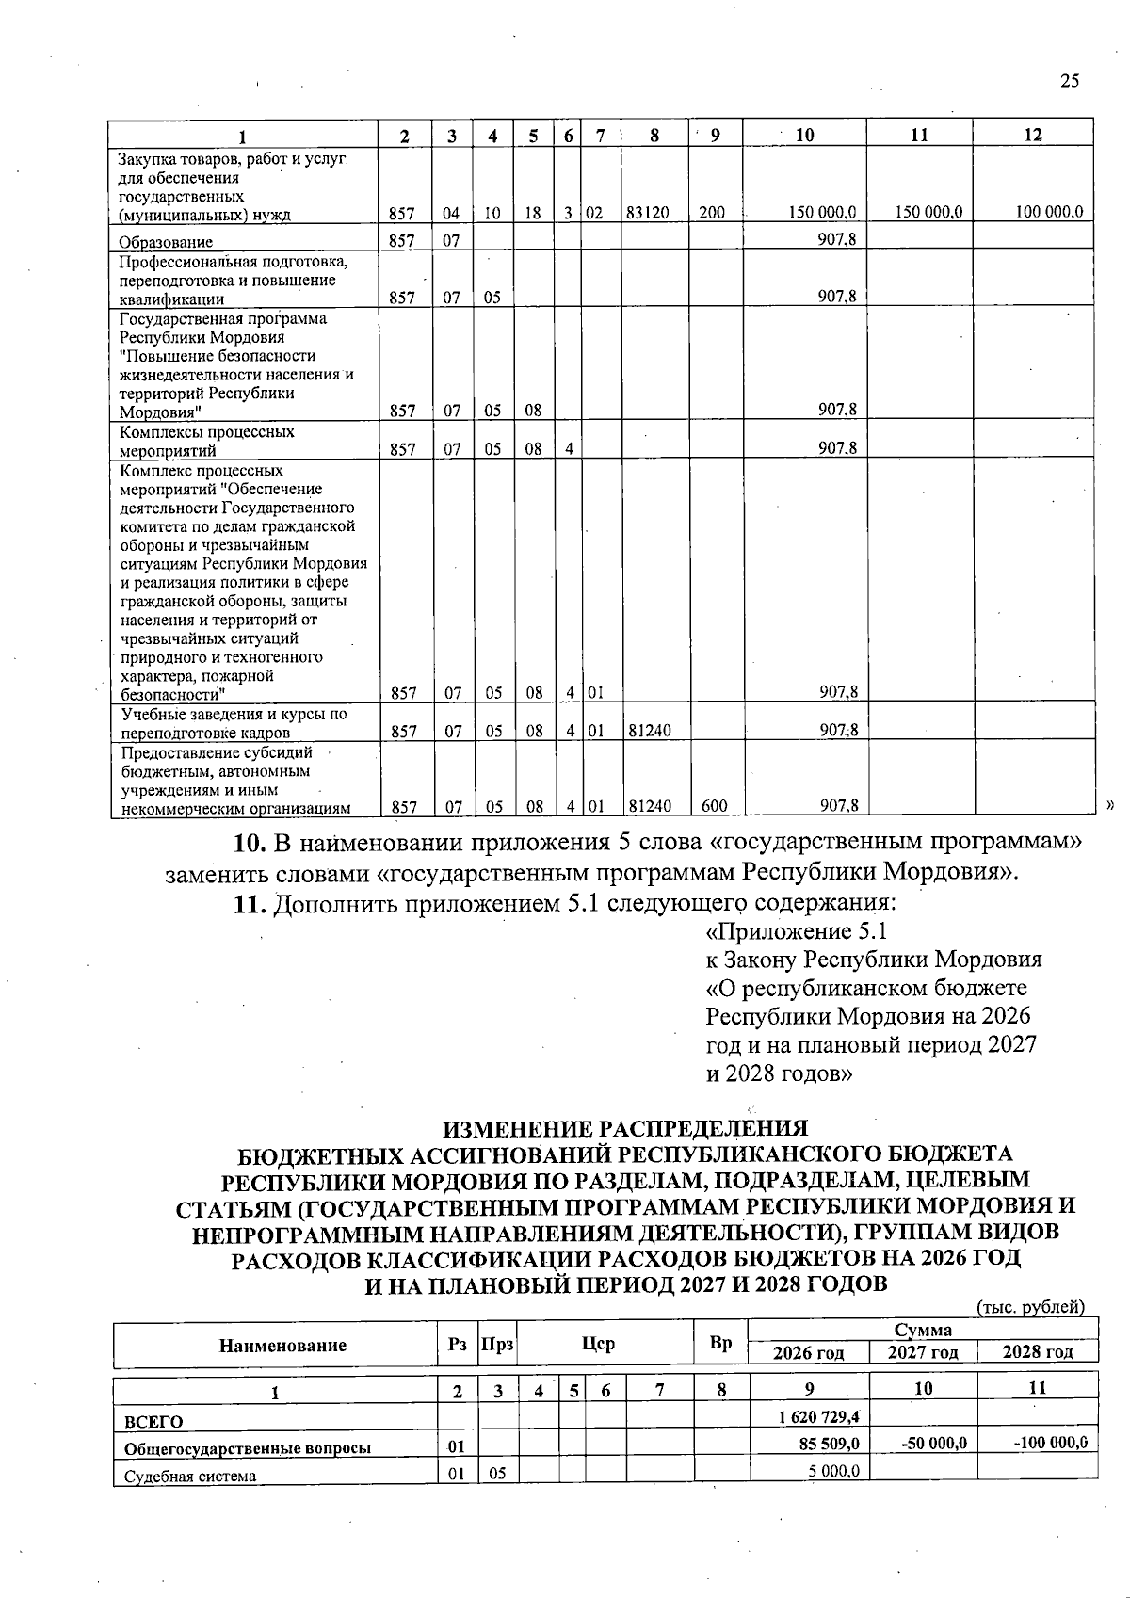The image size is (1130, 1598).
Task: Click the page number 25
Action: (x=1069, y=81)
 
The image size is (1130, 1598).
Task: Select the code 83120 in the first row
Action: (x=648, y=213)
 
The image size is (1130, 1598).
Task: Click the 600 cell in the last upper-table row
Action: (x=713, y=806)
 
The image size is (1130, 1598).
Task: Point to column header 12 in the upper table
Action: (x=1033, y=135)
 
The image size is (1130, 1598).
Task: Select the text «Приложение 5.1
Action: (x=797, y=932)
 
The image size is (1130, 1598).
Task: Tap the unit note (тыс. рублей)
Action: (x=1031, y=1307)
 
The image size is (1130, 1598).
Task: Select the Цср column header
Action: (x=599, y=1345)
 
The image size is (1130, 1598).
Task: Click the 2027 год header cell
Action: (x=924, y=1353)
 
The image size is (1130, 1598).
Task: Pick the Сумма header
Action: (x=923, y=1331)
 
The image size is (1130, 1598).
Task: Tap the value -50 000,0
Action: (x=938, y=1443)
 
